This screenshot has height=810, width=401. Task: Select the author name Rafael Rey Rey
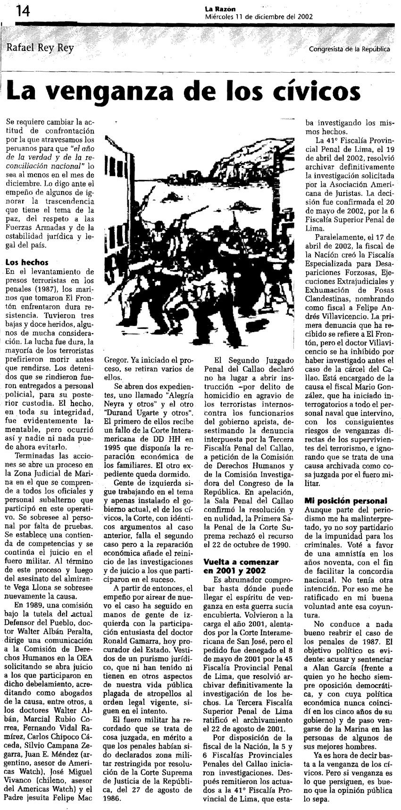(41, 48)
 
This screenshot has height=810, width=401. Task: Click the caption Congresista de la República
(350, 49)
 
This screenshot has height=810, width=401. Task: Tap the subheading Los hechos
(27, 262)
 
